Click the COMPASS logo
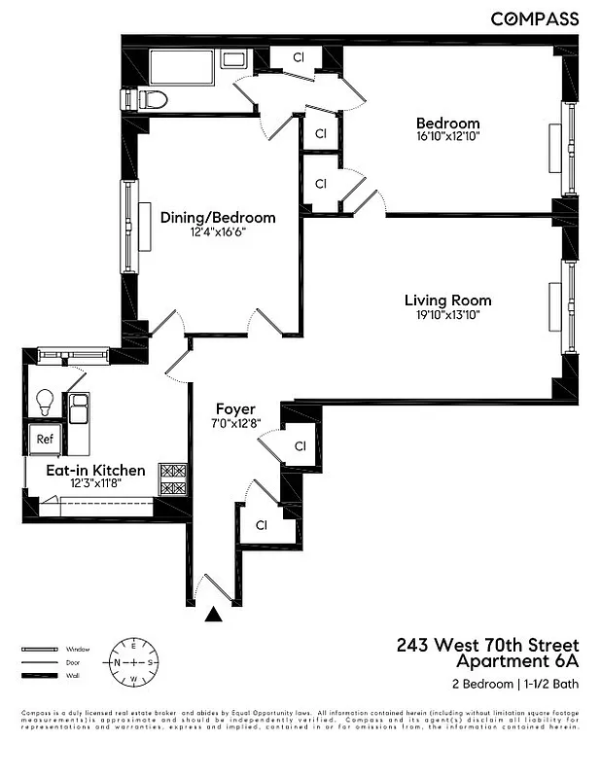[x=534, y=18]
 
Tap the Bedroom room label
[x=447, y=124]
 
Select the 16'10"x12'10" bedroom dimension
[x=447, y=137]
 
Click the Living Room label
[x=447, y=301]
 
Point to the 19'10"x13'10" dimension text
[x=447, y=314]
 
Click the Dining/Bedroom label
[x=218, y=218]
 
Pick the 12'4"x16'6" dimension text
[x=218, y=231]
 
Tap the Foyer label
[x=235, y=409]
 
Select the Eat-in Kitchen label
[x=96, y=470]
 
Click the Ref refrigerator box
[x=45, y=439]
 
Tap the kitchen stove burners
[x=172, y=478]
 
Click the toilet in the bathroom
[x=148, y=98]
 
